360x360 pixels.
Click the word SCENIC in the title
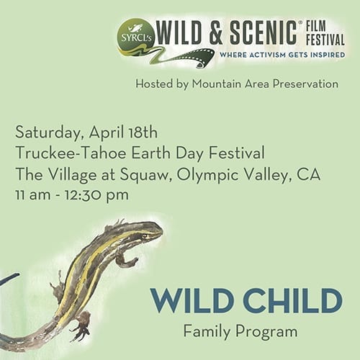(264, 33)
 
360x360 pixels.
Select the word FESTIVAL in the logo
(325, 40)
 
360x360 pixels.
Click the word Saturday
(48, 133)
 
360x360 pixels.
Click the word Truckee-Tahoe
(71, 153)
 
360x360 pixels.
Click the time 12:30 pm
(96, 195)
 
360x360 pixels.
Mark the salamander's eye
(145, 236)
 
